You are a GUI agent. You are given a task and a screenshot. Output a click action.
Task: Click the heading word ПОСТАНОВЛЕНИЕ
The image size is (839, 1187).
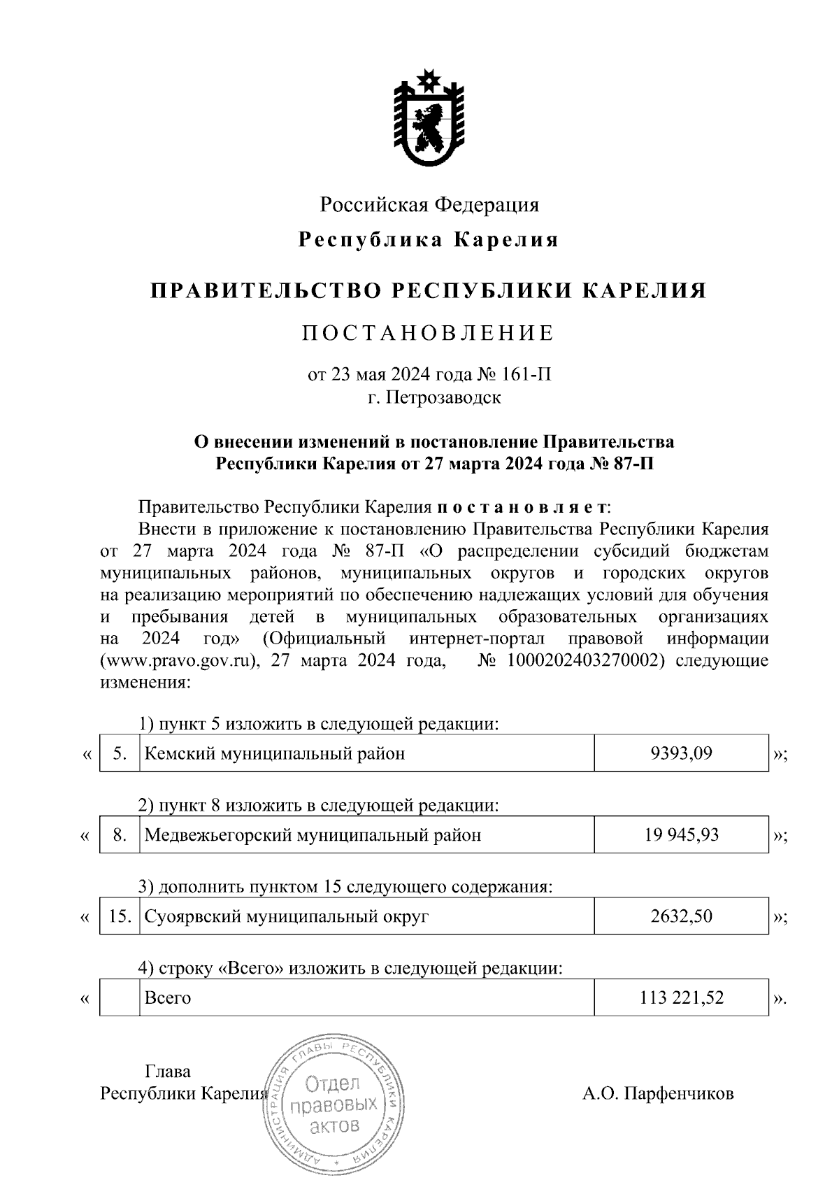coord(429,333)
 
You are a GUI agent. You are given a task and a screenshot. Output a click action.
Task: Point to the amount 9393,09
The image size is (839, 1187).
coord(681,753)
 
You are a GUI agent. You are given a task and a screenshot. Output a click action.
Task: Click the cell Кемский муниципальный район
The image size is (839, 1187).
coord(274,753)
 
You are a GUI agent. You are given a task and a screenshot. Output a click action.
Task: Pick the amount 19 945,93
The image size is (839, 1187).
coord(681,834)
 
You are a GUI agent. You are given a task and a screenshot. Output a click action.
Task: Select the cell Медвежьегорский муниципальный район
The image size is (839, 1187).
coord(312,834)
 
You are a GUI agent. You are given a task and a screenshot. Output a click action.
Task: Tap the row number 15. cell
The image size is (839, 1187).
coord(120,916)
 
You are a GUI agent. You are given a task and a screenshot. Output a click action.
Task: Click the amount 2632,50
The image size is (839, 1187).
coord(681,916)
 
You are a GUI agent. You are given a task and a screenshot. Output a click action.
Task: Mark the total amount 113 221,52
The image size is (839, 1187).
coord(681,997)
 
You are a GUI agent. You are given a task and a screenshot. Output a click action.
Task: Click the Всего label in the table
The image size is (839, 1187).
coord(167,997)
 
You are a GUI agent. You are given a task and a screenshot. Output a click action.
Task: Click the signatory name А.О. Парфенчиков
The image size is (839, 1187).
coord(658,1093)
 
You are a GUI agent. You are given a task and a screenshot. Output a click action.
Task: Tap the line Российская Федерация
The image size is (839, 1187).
coord(429,205)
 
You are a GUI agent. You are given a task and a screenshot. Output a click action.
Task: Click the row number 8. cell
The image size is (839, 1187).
coord(120,834)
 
